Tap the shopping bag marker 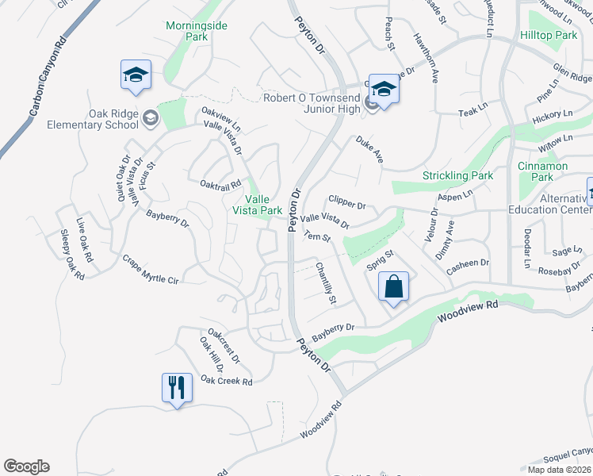coord(394,286)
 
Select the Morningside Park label coord(196,31)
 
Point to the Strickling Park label coord(457,175)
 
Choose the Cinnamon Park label coord(542,171)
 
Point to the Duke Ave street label coord(369,149)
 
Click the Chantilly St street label coord(327,283)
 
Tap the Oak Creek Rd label coord(226,382)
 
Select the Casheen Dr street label coord(468,263)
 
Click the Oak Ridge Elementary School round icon coord(151,119)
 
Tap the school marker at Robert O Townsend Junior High coord(384,90)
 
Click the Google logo coord(26,466)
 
